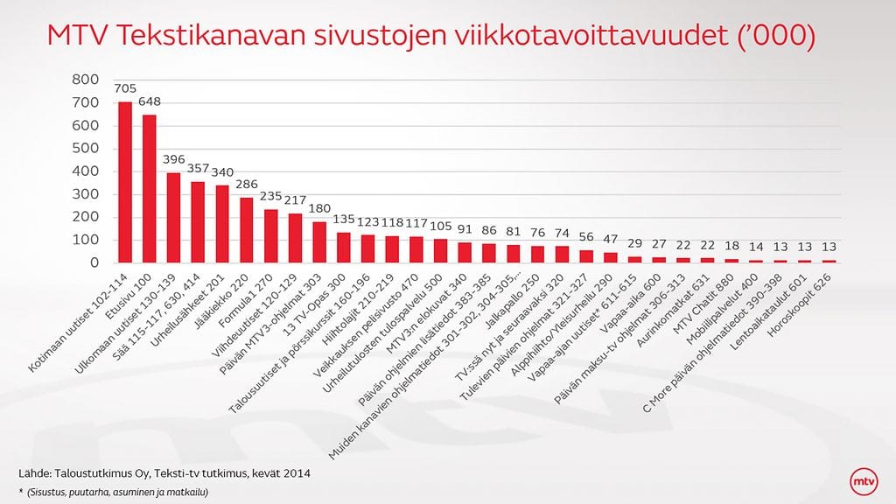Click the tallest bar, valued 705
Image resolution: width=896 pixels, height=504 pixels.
tap(125, 182)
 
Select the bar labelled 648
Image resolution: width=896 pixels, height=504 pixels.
tap(150, 189)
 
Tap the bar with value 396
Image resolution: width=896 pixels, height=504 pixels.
tap(173, 218)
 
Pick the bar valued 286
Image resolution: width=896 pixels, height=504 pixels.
tap(246, 230)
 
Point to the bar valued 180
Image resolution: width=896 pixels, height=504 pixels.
tap(318, 242)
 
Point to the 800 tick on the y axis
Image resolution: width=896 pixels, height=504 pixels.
tap(91, 80)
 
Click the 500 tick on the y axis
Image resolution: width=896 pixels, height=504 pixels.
tap(91, 149)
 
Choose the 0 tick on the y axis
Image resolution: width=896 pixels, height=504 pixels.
tap(102, 262)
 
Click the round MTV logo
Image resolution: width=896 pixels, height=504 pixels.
tap(864, 482)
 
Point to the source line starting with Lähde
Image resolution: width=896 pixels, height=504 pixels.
tap(164, 473)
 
